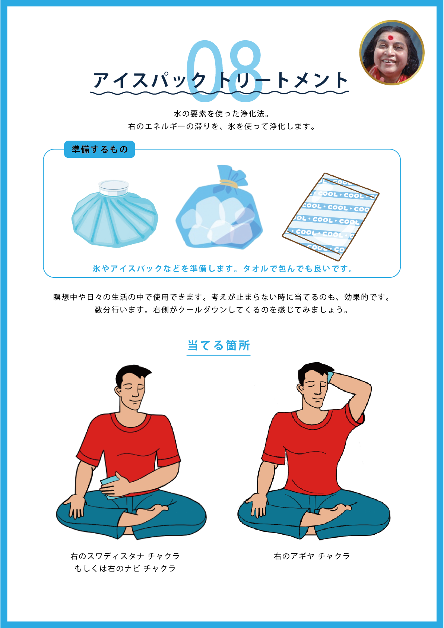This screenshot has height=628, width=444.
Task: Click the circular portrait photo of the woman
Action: tap(391, 53)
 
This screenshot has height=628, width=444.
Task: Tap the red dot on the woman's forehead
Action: tap(390, 38)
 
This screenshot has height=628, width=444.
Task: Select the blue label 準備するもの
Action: tap(99, 149)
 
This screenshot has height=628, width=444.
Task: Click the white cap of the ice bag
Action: tap(114, 187)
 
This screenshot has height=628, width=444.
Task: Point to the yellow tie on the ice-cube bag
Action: tap(228, 183)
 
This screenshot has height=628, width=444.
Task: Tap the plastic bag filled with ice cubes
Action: tap(219, 207)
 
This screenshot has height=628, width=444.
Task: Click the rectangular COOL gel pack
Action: tap(330, 217)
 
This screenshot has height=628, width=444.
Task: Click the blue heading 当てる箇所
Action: tap(218, 345)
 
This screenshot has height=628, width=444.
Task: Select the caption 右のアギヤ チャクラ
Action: tap(312, 556)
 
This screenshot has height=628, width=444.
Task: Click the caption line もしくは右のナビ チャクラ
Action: tap(125, 568)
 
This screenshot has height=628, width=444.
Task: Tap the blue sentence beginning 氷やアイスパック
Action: tap(223, 269)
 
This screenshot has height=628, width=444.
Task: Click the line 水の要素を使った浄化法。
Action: tap(222, 113)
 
